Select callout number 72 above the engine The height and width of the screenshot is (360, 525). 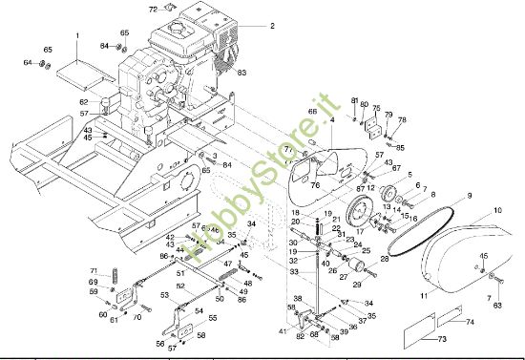153,9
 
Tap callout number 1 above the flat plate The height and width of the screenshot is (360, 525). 77,35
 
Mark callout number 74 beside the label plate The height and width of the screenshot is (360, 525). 471,322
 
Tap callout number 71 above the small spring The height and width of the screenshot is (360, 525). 94,270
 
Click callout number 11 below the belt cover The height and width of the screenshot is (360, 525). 423,297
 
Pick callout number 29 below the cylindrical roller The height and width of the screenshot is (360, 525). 357,284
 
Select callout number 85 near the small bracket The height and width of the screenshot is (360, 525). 401,147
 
